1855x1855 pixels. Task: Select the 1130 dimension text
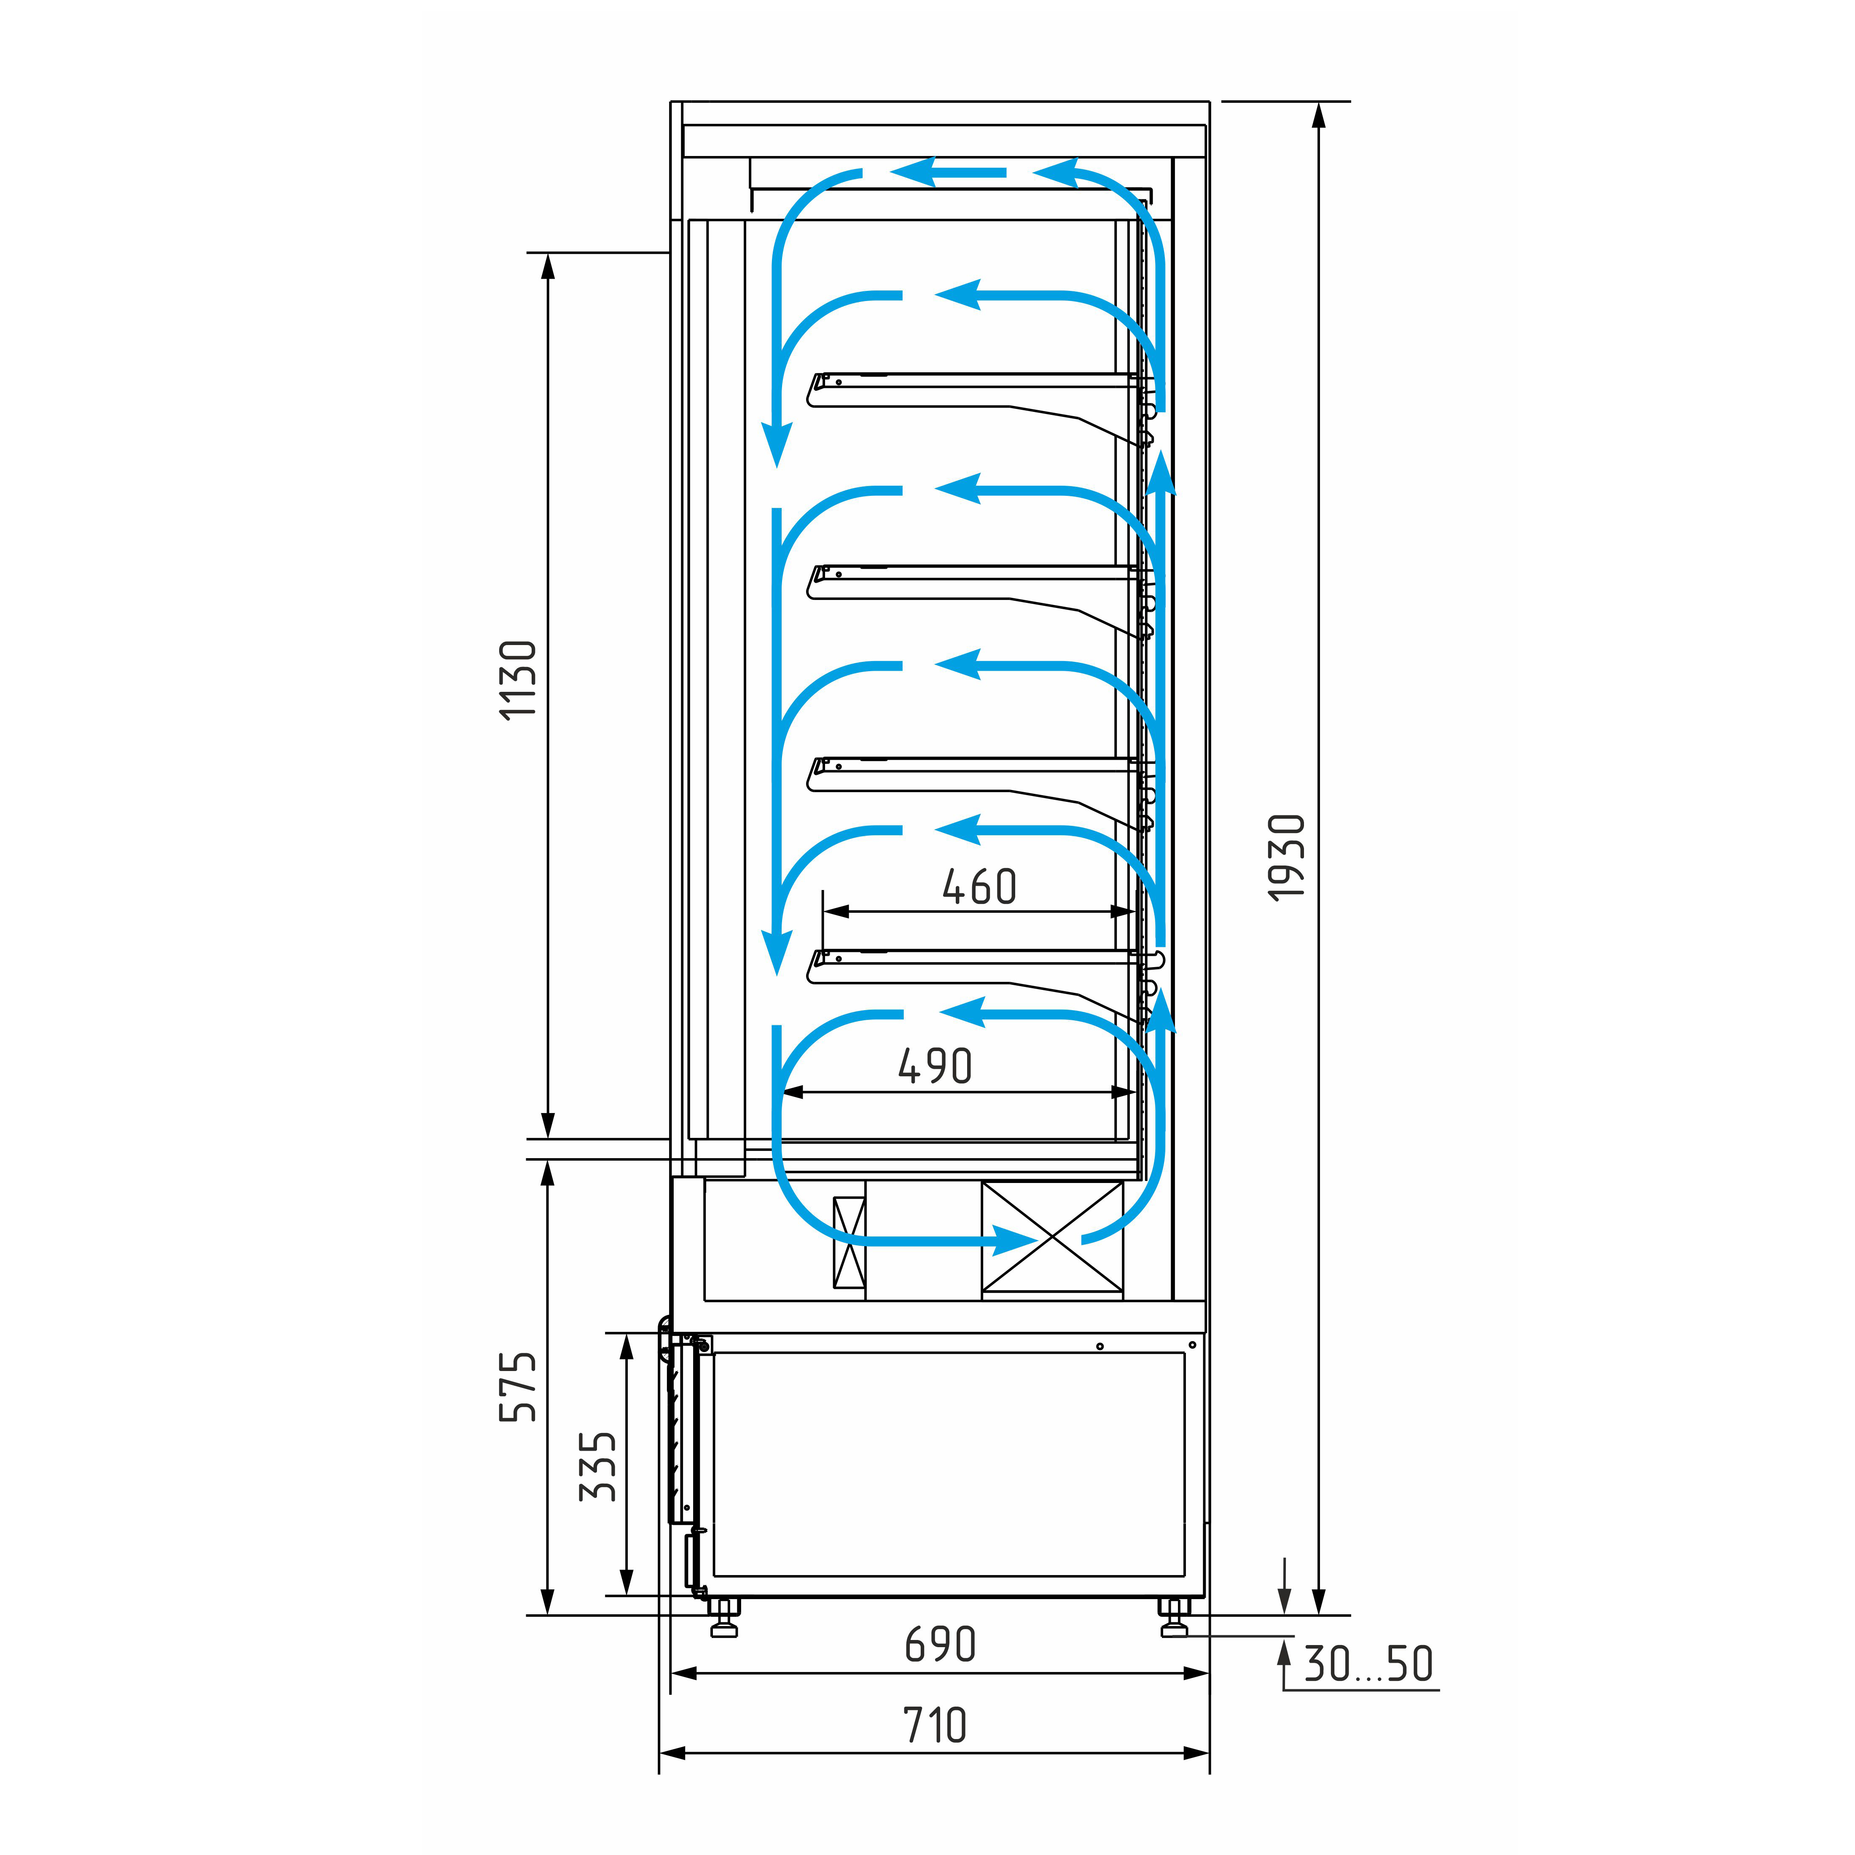click(519, 680)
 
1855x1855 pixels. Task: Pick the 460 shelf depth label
click(979, 886)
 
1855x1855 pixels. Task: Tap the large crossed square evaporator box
click(1052, 1237)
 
